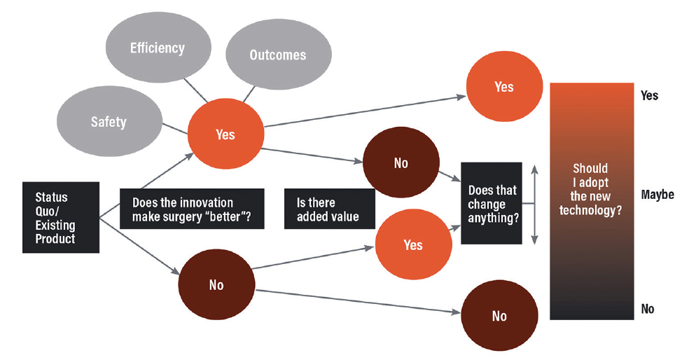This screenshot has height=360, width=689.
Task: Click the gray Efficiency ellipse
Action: point(158,48)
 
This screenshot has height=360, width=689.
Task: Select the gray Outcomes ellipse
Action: point(279,54)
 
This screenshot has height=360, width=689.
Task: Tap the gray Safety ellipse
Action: point(109,121)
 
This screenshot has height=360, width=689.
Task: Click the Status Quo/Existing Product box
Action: point(61,217)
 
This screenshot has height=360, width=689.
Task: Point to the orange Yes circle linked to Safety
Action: point(226,134)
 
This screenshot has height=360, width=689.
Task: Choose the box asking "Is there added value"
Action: point(330,209)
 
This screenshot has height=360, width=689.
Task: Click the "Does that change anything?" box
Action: point(492,203)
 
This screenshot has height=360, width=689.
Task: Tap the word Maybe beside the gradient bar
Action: point(657,194)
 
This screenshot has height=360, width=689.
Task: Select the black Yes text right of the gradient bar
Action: point(650,95)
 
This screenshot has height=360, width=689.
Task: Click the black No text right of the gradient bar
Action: point(648,309)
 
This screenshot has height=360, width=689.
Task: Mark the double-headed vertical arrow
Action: point(534,205)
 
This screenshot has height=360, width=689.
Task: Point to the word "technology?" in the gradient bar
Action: point(590,210)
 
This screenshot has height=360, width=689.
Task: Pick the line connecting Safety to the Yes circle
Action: point(175,128)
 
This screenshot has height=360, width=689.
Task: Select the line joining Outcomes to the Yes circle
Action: point(249,94)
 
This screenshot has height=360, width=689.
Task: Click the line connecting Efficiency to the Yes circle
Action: point(195,90)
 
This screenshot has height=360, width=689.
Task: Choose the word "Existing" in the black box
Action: point(55,226)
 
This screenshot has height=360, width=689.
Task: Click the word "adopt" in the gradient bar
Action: point(593,182)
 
